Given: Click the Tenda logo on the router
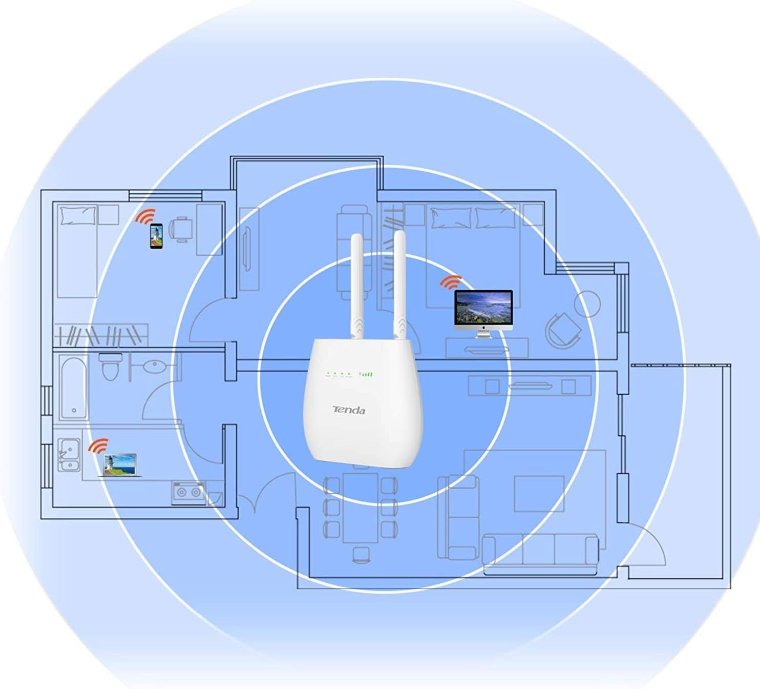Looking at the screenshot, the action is coord(349,410).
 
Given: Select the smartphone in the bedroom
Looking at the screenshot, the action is coord(156,236).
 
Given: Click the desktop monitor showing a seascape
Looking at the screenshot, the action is coord(483,310).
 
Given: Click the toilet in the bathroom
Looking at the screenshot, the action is coord(110,366).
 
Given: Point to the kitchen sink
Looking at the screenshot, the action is coord(69,454).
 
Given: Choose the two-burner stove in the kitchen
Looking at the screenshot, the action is coord(188,493).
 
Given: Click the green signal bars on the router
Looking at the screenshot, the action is coord(367,375).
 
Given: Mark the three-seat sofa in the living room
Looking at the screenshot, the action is coord(540,553).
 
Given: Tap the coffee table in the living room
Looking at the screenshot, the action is coord(539,493).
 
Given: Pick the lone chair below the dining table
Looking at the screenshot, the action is coord(361,554).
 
